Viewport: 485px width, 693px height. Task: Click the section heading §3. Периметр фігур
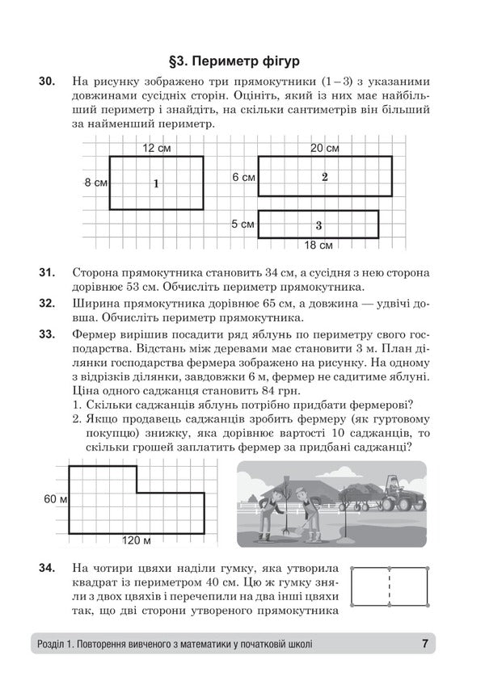[242, 59]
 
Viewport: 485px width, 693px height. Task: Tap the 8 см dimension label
[96, 183]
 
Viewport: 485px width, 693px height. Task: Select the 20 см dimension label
[324, 148]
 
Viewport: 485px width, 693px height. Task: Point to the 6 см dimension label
[243, 177]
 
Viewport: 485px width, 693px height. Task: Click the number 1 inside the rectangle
[156, 184]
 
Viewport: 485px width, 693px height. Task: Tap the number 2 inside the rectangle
[324, 177]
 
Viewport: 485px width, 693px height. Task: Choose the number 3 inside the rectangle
[319, 225]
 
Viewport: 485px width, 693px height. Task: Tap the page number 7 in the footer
[424, 644]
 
